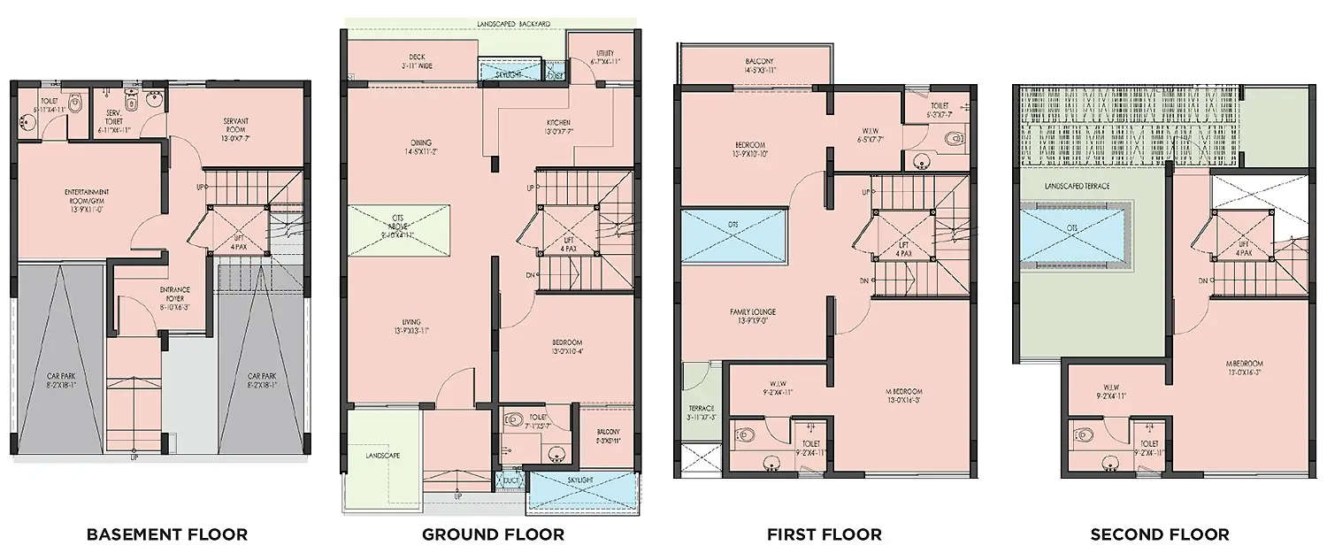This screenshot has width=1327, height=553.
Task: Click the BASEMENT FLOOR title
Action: tap(166, 534)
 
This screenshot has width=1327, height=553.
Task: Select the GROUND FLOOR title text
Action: tap(493, 534)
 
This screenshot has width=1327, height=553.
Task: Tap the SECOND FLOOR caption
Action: tap(1159, 534)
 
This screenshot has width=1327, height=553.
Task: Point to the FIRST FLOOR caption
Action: tap(825, 534)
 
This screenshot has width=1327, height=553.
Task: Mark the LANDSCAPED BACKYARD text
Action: tap(513, 23)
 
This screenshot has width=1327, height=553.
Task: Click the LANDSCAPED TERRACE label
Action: tap(1077, 187)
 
